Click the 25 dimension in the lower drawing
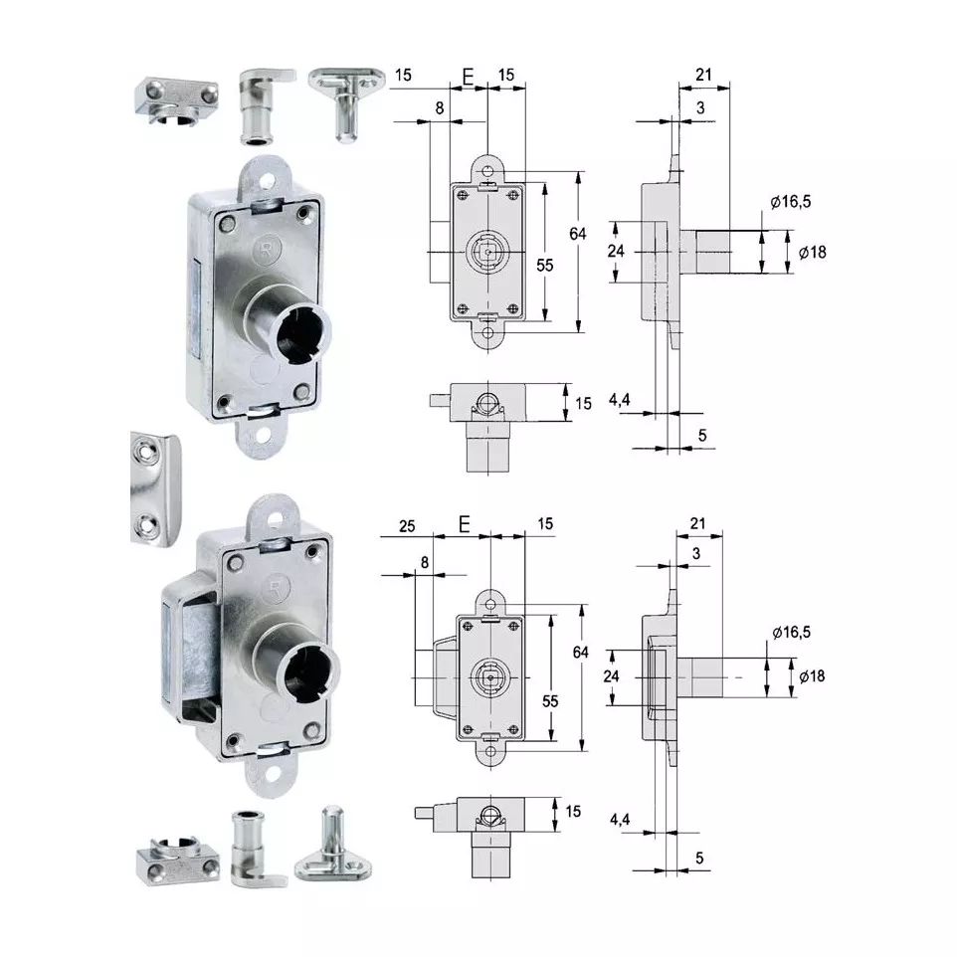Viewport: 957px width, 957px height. point(407,526)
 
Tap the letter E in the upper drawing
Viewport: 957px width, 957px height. point(469,77)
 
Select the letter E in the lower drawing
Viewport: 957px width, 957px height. point(465,524)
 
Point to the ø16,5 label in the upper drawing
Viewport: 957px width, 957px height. point(791,201)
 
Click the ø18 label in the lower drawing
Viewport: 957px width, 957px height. point(813,676)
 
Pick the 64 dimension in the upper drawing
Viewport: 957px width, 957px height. point(578,234)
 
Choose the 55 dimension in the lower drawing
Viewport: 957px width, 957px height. point(550,701)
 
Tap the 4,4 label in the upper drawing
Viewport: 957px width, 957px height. point(620,400)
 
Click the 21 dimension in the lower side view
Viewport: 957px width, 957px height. point(698,523)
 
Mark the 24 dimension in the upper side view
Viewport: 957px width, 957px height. point(616,251)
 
